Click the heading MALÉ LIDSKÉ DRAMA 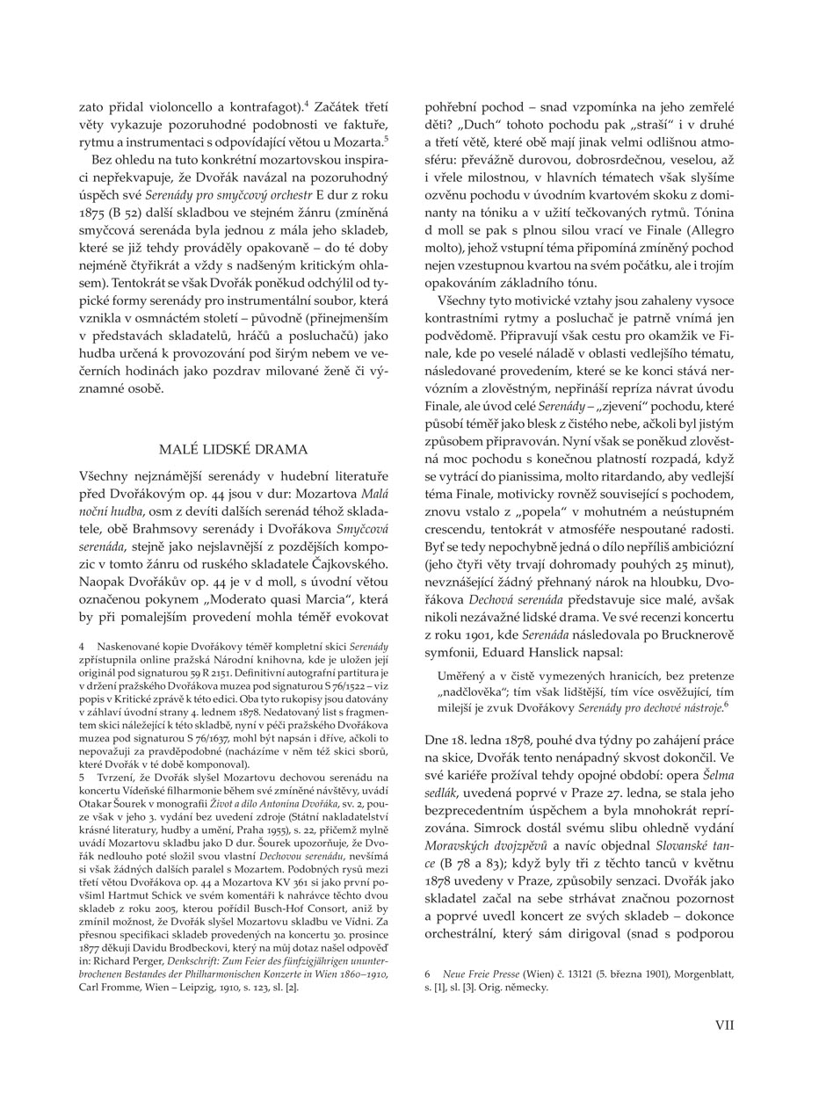(x=233, y=450)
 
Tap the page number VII (x=725, y=1024)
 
